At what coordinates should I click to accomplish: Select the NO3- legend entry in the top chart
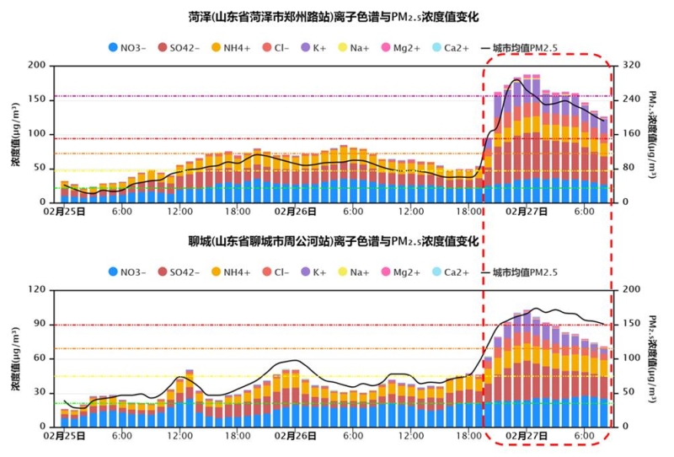129,48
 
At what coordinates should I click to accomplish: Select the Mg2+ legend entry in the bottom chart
404,272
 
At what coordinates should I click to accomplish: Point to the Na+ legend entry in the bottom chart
356,272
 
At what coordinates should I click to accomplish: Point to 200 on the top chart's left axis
36,65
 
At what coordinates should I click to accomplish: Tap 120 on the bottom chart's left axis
36,290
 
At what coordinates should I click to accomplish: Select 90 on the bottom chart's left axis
39,325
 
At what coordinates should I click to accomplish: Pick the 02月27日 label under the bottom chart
527,437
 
